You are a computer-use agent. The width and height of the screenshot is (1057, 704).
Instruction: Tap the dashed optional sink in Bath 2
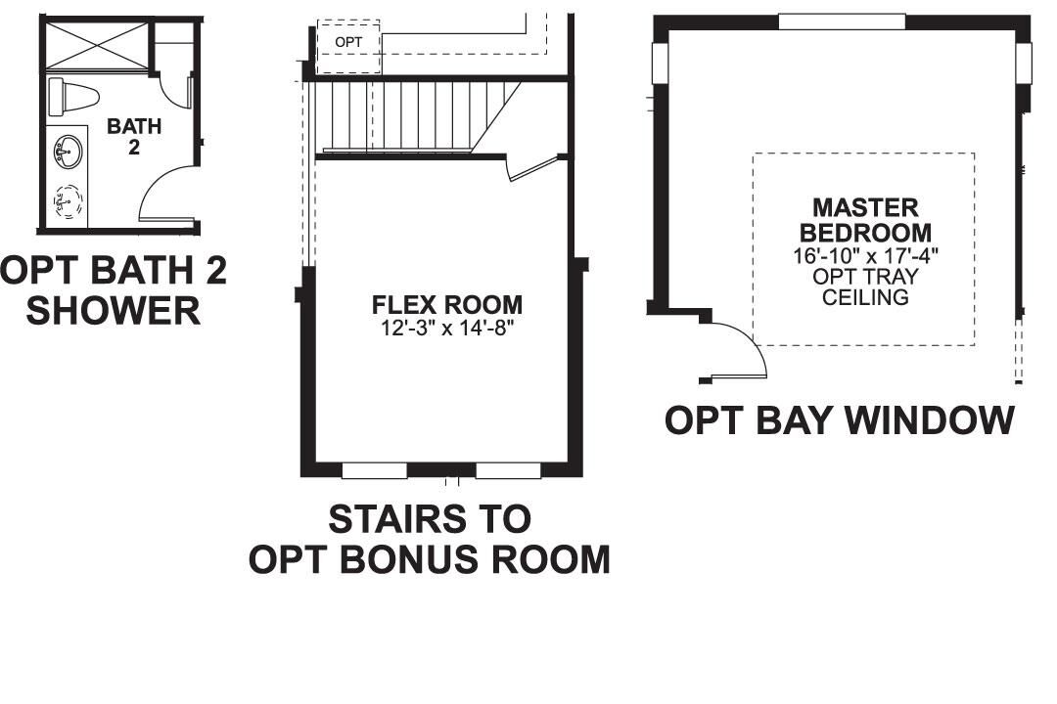click(67, 203)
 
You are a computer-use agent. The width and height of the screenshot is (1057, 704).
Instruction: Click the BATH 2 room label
click(134, 136)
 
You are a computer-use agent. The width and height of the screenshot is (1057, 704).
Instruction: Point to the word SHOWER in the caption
click(113, 311)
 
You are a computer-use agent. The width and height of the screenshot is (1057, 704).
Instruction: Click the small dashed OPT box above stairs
click(348, 44)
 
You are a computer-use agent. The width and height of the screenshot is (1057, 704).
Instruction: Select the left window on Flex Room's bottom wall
click(374, 471)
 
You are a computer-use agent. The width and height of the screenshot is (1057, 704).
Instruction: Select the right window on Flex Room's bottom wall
click(508, 471)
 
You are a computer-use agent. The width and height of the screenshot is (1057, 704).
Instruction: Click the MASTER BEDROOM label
click(865, 220)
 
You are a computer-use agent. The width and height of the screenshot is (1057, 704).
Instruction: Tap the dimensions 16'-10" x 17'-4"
click(865, 256)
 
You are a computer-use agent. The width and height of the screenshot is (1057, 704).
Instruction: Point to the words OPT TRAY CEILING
click(865, 286)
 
